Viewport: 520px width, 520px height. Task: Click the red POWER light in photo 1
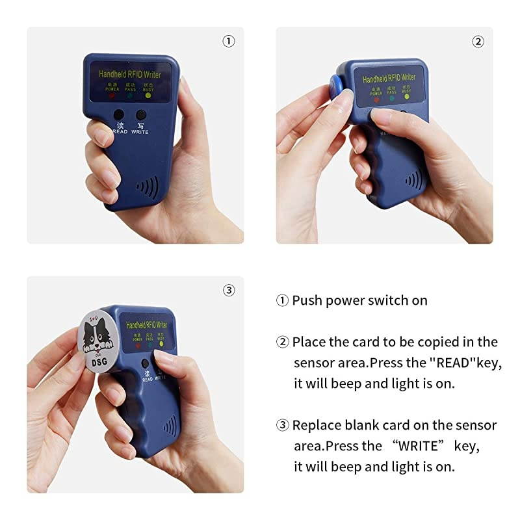[x=111, y=95]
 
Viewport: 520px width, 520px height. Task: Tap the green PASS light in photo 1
[x=129, y=95]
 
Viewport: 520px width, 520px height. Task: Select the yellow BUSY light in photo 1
[x=148, y=95]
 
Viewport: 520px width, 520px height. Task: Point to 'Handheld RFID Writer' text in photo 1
[x=130, y=75]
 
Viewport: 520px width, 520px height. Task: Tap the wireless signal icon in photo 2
[x=413, y=179]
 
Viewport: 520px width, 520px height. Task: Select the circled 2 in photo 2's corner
[x=478, y=42]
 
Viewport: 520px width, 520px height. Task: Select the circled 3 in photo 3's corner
[x=229, y=291]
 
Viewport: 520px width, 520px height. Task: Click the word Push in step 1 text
[x=305, y=300]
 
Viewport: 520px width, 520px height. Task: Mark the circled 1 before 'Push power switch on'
[x=282, y=300]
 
